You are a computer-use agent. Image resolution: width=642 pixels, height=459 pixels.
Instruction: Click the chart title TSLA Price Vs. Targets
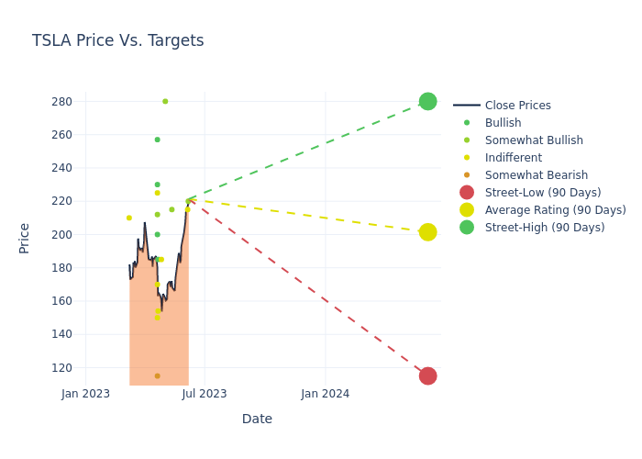tap(117, 41)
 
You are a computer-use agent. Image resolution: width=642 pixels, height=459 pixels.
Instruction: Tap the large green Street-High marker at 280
tap(427, 101)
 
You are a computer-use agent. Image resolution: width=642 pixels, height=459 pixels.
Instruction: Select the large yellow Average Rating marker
tap(427, 232)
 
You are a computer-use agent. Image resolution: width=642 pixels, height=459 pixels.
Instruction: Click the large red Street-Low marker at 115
tap(427, 375)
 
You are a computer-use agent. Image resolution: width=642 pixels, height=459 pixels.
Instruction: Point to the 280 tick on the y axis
tap(62, 102)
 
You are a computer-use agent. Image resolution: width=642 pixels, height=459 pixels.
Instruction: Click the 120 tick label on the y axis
tap(62, 367)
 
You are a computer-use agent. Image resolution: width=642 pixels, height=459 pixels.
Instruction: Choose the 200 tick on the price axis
tap(62, 235)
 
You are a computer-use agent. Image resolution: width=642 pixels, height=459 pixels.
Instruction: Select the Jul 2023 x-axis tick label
tap(205, 394)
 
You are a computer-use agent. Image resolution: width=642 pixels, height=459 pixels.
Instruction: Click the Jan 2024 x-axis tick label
tap(325, 394)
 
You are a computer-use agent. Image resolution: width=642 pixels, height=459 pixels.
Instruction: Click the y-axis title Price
tap(25, 238)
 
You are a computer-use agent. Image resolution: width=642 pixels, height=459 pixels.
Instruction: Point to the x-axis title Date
tap(257, 420)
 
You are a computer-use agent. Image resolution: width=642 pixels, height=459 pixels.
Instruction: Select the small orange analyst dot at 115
tap(157, 375)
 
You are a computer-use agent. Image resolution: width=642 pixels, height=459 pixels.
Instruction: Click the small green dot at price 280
tap(165, 101)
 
